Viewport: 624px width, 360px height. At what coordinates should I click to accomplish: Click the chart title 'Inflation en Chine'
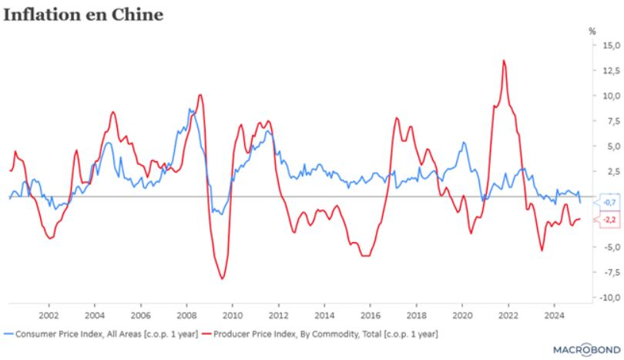click(83, 15)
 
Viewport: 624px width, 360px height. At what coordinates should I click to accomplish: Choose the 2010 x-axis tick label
click(232, 315)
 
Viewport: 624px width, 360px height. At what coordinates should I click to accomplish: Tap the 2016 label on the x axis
click(370, 315)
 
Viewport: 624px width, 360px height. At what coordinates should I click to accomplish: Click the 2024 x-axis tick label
click(553, 315)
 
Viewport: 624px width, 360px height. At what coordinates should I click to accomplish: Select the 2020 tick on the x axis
click(461, 315)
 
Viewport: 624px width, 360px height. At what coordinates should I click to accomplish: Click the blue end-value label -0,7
click(609, 202)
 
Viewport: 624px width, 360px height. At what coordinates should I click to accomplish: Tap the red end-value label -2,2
click(609, 220)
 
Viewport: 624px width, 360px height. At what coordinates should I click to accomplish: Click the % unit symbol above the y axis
click(592, 31)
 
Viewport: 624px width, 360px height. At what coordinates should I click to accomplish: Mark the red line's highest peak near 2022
click(503, 60)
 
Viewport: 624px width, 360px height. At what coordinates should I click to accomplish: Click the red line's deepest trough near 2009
click(222, 278)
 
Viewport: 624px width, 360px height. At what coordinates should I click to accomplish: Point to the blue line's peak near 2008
click(190, 109)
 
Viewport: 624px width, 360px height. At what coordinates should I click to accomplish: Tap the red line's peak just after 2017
click(396, 118)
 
